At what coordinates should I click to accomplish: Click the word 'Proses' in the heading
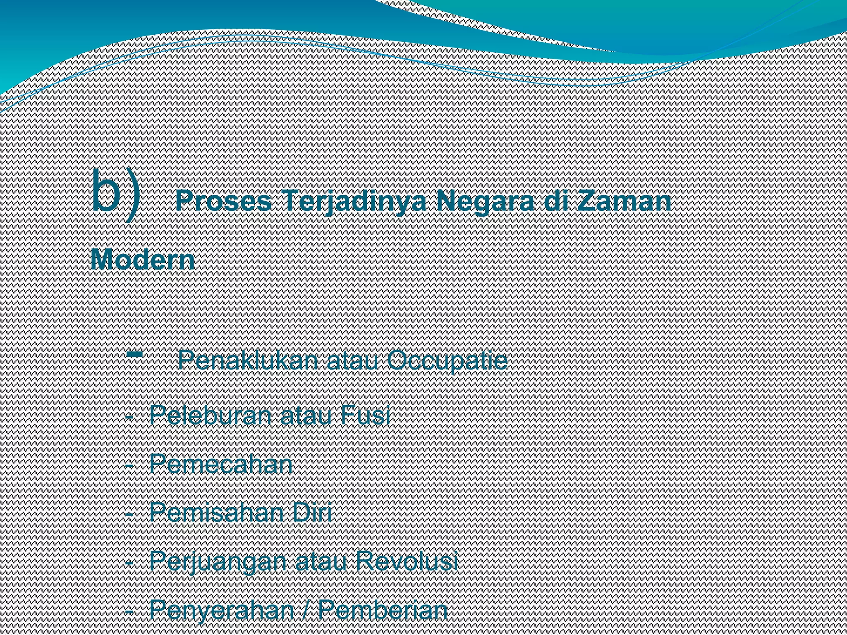[224, 202]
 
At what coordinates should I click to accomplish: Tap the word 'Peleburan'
[211, 415]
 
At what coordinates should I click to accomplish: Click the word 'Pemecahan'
[221, 464]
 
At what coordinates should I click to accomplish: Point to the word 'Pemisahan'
[218, 513]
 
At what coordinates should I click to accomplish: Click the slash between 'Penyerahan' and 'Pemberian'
[306, 610]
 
